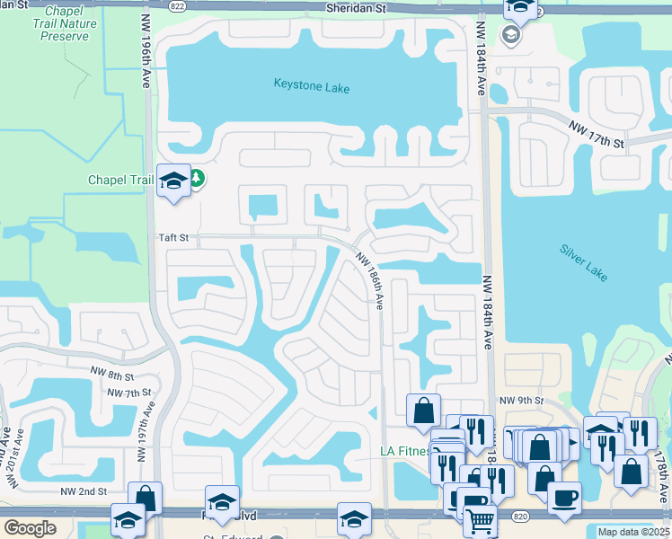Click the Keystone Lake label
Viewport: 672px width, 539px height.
(311, 88)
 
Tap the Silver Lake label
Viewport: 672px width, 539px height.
(584, 259)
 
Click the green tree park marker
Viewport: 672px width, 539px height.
(196, 179)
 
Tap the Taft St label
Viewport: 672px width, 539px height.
(173, 238)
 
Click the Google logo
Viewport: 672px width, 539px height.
(30, 528)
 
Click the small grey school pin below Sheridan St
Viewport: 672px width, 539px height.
(511, 35)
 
